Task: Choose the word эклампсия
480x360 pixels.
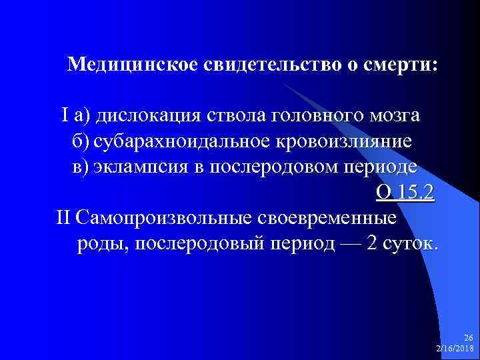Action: [x=139, y=167]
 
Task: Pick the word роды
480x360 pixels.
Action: [x=103, y=243]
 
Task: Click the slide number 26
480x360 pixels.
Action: [x=467, y=339]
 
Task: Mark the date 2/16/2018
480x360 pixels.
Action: [x=455, y=349]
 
